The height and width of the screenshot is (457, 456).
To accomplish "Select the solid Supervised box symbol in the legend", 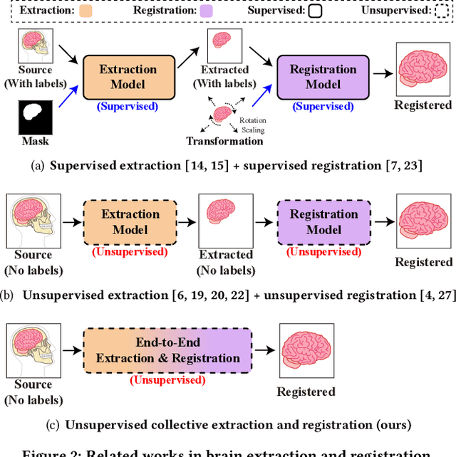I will pyautogui.click(x=316, y=11).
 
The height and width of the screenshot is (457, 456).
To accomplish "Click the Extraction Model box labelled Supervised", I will pyautogui.click(x=128, y=77).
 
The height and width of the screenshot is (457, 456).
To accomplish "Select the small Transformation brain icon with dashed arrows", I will pyautogui.click(x=222, y=114).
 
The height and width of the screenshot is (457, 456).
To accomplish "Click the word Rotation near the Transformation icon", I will pyautogui.click(x=252, y=120).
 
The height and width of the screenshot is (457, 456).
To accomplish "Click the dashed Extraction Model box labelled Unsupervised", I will pyautogui.click(x=130, y=221).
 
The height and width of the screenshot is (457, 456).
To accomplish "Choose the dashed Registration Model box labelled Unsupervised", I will pyautogui.click(x=323, y=221).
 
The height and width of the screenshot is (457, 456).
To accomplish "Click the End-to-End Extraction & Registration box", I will pyautogui.click(x=167, y=351).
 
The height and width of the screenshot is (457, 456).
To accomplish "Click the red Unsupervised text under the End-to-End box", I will pyautogui.click(x=167, y=380).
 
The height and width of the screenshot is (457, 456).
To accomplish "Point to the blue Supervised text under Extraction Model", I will pyautogui.click(x=128, y=106).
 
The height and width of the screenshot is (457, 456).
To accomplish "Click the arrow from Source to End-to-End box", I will pyautogui.click(x=72, y=351).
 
